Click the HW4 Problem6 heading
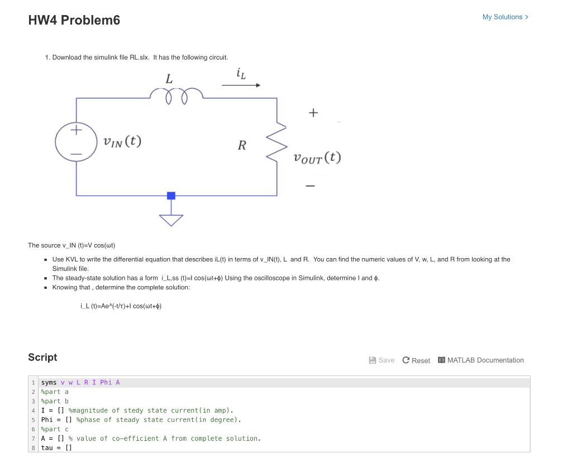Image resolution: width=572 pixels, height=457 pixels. click(74, 21)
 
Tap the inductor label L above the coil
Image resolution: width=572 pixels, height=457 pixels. click(169, 79)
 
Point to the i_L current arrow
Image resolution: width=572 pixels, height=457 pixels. click(241, 85)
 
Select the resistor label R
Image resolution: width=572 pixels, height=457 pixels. click(242, 146)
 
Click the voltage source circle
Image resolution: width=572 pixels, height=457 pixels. click(77, 141)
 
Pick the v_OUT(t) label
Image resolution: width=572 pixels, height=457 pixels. click(317, 158)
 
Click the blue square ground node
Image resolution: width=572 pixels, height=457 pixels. click(171, 196)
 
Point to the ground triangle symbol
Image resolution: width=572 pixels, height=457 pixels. click(171, 220)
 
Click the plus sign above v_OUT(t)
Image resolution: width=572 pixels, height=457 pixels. click(313, 113)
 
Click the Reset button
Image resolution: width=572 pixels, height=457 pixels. click(416, 360)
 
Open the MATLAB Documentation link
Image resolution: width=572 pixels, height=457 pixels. click(481, 360)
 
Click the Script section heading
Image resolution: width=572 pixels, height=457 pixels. click(42, 358)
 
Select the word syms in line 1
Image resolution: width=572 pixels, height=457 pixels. click(49, 383)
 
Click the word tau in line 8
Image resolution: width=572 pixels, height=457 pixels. click(47, 448)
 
